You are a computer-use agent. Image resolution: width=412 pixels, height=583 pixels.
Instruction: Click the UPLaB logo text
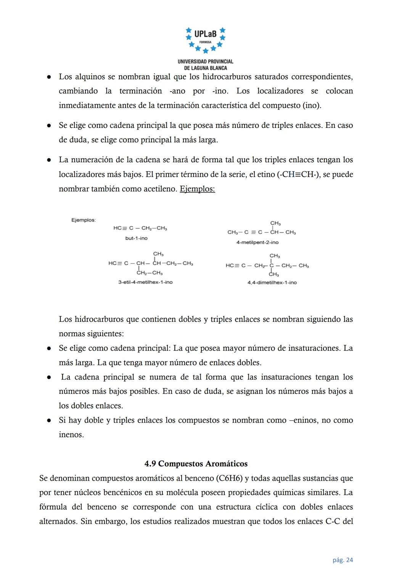pyautogui.click(x=205, y=34)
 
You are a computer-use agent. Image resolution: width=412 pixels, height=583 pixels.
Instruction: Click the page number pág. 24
pyautogui.click(x=343, y=560)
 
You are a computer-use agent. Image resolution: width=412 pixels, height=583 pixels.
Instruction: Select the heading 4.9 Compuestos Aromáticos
pyautogui.click(x=196, y=463)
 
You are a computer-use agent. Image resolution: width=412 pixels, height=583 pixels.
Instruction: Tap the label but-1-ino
pyautogui.click(x=136, y=238)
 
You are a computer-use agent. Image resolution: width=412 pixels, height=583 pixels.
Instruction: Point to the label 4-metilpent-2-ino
pyautogui.click(x=257, y=242)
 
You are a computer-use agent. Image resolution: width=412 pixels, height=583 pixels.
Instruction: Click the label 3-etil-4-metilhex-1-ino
pyautogui.click(x=145, y=282)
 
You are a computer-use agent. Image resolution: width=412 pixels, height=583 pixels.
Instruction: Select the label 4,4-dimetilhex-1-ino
pyautogui.click(x=272, y=283)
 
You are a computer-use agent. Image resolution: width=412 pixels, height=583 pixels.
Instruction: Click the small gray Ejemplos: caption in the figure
pyautogui.click(x=84, y=220)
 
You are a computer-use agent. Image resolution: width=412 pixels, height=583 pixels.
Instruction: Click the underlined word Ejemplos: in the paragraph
pyautogui.click(x=197, y=189)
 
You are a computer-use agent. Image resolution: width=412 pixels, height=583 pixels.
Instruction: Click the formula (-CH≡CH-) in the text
pyautogui.click(x=298, y=174)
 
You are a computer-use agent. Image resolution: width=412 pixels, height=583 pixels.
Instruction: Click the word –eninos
pyautogui.click(x=304, y=420)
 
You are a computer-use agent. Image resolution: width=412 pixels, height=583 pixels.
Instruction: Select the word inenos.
pyautogui.click(x=71, y=435)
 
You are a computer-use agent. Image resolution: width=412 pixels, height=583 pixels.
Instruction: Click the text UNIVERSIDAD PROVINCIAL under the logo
pyautogui.click(x=205, y=61)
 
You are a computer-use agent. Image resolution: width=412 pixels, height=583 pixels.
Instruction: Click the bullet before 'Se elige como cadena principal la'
pyautogui.click(x=49, y=126)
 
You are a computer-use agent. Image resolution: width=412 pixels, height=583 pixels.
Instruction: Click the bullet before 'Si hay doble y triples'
pyautogui.click(x=49, y=420)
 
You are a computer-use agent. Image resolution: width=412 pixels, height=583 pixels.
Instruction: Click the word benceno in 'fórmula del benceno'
pyautogui.click(x=101, y=507)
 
